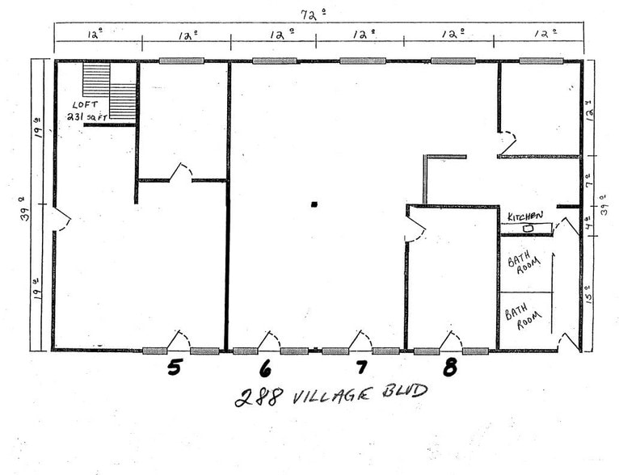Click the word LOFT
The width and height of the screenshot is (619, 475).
[86, 105]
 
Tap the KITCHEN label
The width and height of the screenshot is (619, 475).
[525, 216]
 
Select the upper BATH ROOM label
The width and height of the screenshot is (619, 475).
[518, 266]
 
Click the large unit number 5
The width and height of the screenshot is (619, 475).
[174, 368]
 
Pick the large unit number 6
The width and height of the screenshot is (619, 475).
[265, 369]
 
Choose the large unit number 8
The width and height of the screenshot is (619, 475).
[450, 368]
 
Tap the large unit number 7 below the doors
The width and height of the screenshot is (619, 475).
[361, 368]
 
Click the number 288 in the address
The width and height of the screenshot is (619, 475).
[254, 397]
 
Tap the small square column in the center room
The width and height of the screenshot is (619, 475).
[314, 204]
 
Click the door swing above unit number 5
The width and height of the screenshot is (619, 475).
[179, 339]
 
